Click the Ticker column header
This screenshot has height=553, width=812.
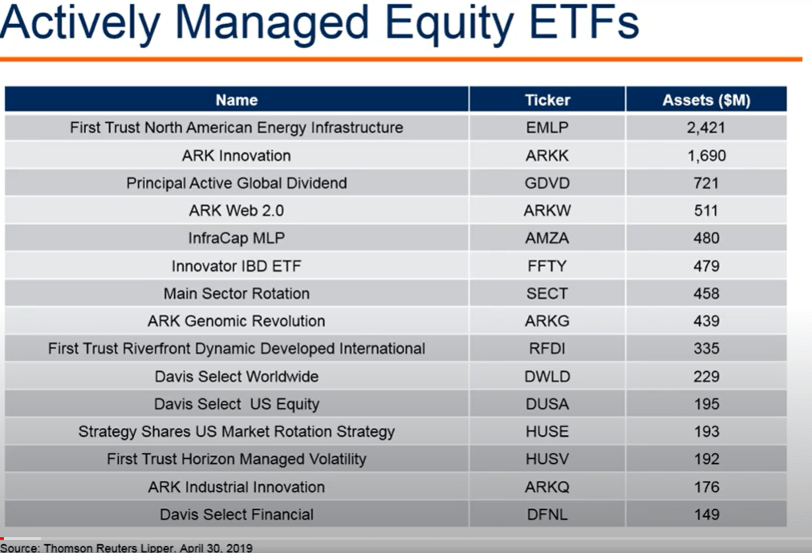click(547, 100)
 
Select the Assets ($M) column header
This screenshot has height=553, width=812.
click(706, 100)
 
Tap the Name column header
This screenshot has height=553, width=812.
click(237, 100)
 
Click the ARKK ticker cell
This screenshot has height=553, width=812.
click(547, 155)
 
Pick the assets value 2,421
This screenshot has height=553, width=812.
click(706, 127)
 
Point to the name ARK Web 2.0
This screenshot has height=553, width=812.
click(237, 211)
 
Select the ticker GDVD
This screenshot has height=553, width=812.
click(547, 183)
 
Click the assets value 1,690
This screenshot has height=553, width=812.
click(706, 155)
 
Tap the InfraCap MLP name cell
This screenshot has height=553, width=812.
click(237, 238)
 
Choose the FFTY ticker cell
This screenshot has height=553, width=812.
click(547, 266)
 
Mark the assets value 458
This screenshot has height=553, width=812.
click(706, 293)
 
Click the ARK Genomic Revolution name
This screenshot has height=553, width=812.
click(237, 321)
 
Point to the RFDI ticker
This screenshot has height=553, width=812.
click(547, 349)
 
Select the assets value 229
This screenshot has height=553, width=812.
click(706, 376)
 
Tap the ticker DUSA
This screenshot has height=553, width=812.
click(547, 404)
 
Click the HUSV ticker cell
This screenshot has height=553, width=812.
click(547, 459)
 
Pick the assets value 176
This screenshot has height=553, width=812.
click(706, 486)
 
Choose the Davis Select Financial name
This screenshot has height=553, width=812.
click(237, 515)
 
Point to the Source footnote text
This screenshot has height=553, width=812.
click(126, 547)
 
